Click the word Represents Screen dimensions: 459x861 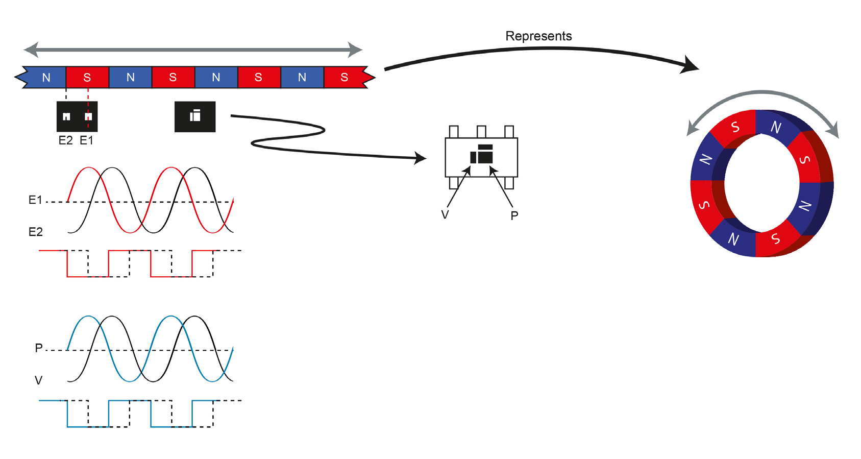[x=538, y=36]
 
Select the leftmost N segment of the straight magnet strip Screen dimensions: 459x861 [x=45, y=77]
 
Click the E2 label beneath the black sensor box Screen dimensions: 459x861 [x=65, y=140]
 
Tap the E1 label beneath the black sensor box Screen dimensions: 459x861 [x=86, y=140]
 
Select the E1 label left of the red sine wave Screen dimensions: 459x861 [x=35, y=200]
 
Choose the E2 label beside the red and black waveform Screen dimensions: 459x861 [x=35, y=232]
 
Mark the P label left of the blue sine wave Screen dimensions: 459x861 [x=38, y=348]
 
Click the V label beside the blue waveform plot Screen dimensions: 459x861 [x=38, y=380]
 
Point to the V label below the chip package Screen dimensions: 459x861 [x=445, y=215]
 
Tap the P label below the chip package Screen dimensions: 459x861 [x=514, y=215]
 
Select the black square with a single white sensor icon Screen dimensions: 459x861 [x=195, y=116]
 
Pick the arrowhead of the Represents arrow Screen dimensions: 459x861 [x=692, y=66]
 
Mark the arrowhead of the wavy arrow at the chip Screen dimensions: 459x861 [x=421, y=158]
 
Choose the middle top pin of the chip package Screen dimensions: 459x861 [x=481, y=132]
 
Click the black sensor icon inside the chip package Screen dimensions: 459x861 [x=482, y=154]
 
